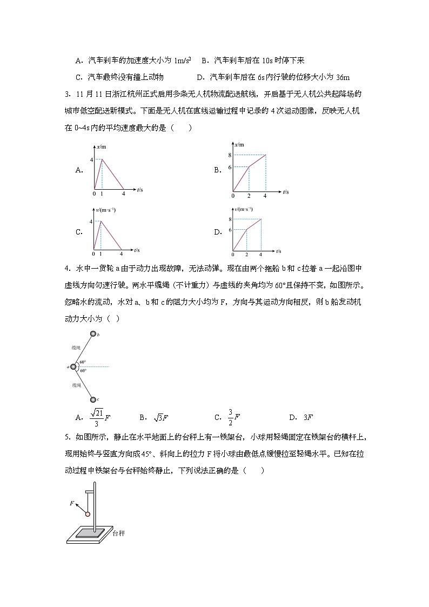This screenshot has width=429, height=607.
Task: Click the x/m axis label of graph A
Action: coord(102,146)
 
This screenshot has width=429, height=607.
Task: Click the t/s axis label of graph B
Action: coord(285,192)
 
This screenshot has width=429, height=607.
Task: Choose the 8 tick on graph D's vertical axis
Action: coord(230,219)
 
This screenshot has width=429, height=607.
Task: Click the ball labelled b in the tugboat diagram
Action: coord(93,335)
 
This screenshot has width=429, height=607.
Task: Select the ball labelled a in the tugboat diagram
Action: coord(73,367)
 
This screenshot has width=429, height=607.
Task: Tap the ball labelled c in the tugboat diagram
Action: coord(93,399)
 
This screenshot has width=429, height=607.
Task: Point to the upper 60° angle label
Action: coord(83,362)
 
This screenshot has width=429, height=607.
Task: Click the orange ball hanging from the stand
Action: coord(88,513)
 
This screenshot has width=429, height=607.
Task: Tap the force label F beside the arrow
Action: coord(71,503)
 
